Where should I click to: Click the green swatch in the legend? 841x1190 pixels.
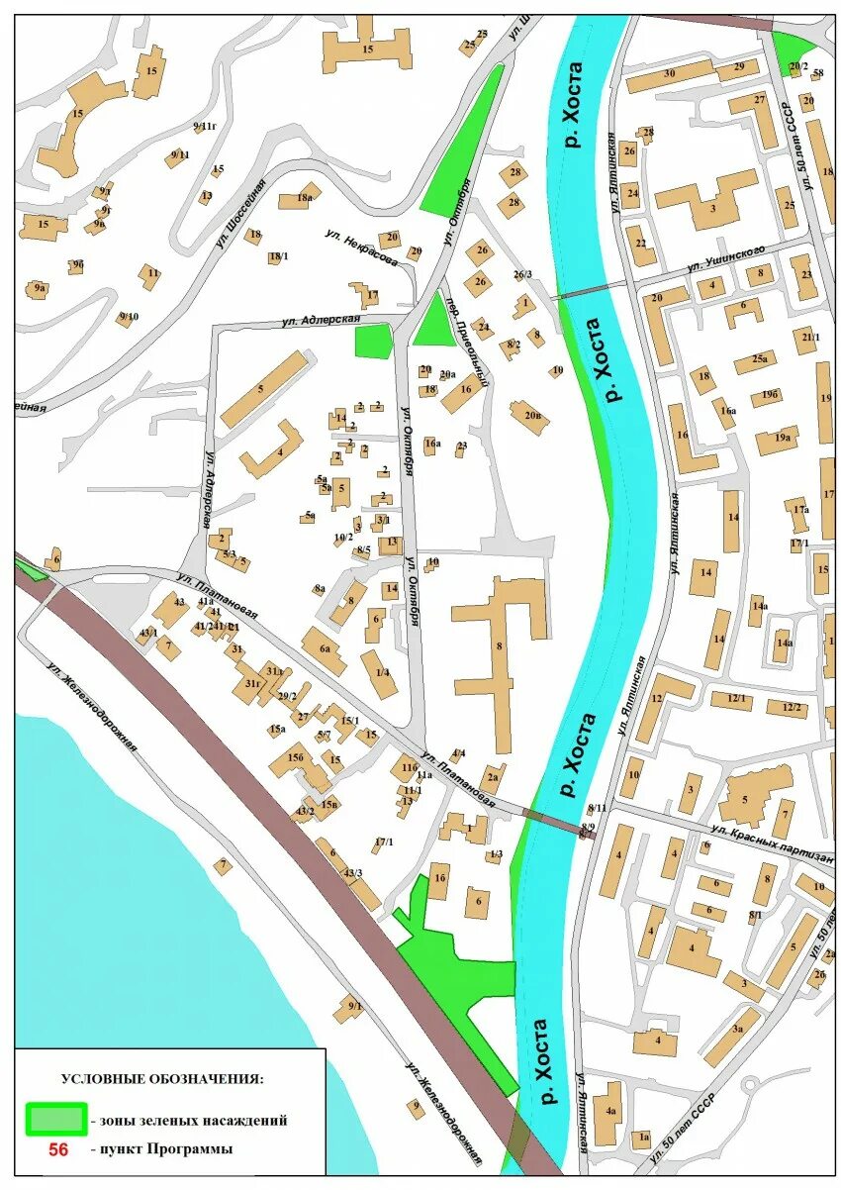pos(56,1120)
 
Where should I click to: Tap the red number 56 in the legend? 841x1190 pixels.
pos(58,1149)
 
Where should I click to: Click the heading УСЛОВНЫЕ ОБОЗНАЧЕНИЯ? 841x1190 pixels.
pos(162,1078)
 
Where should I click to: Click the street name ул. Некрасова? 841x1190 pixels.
pos(361,248)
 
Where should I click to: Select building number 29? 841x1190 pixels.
pos(738,68)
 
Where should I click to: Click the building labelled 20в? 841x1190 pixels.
pos(531,416)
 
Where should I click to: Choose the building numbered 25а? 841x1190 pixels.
pos(756,361)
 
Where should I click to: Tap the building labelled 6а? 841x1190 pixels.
pos(324,648)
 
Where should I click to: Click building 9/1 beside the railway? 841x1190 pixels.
pos(350,1009)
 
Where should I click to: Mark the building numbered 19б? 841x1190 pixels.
pos(771,396)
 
